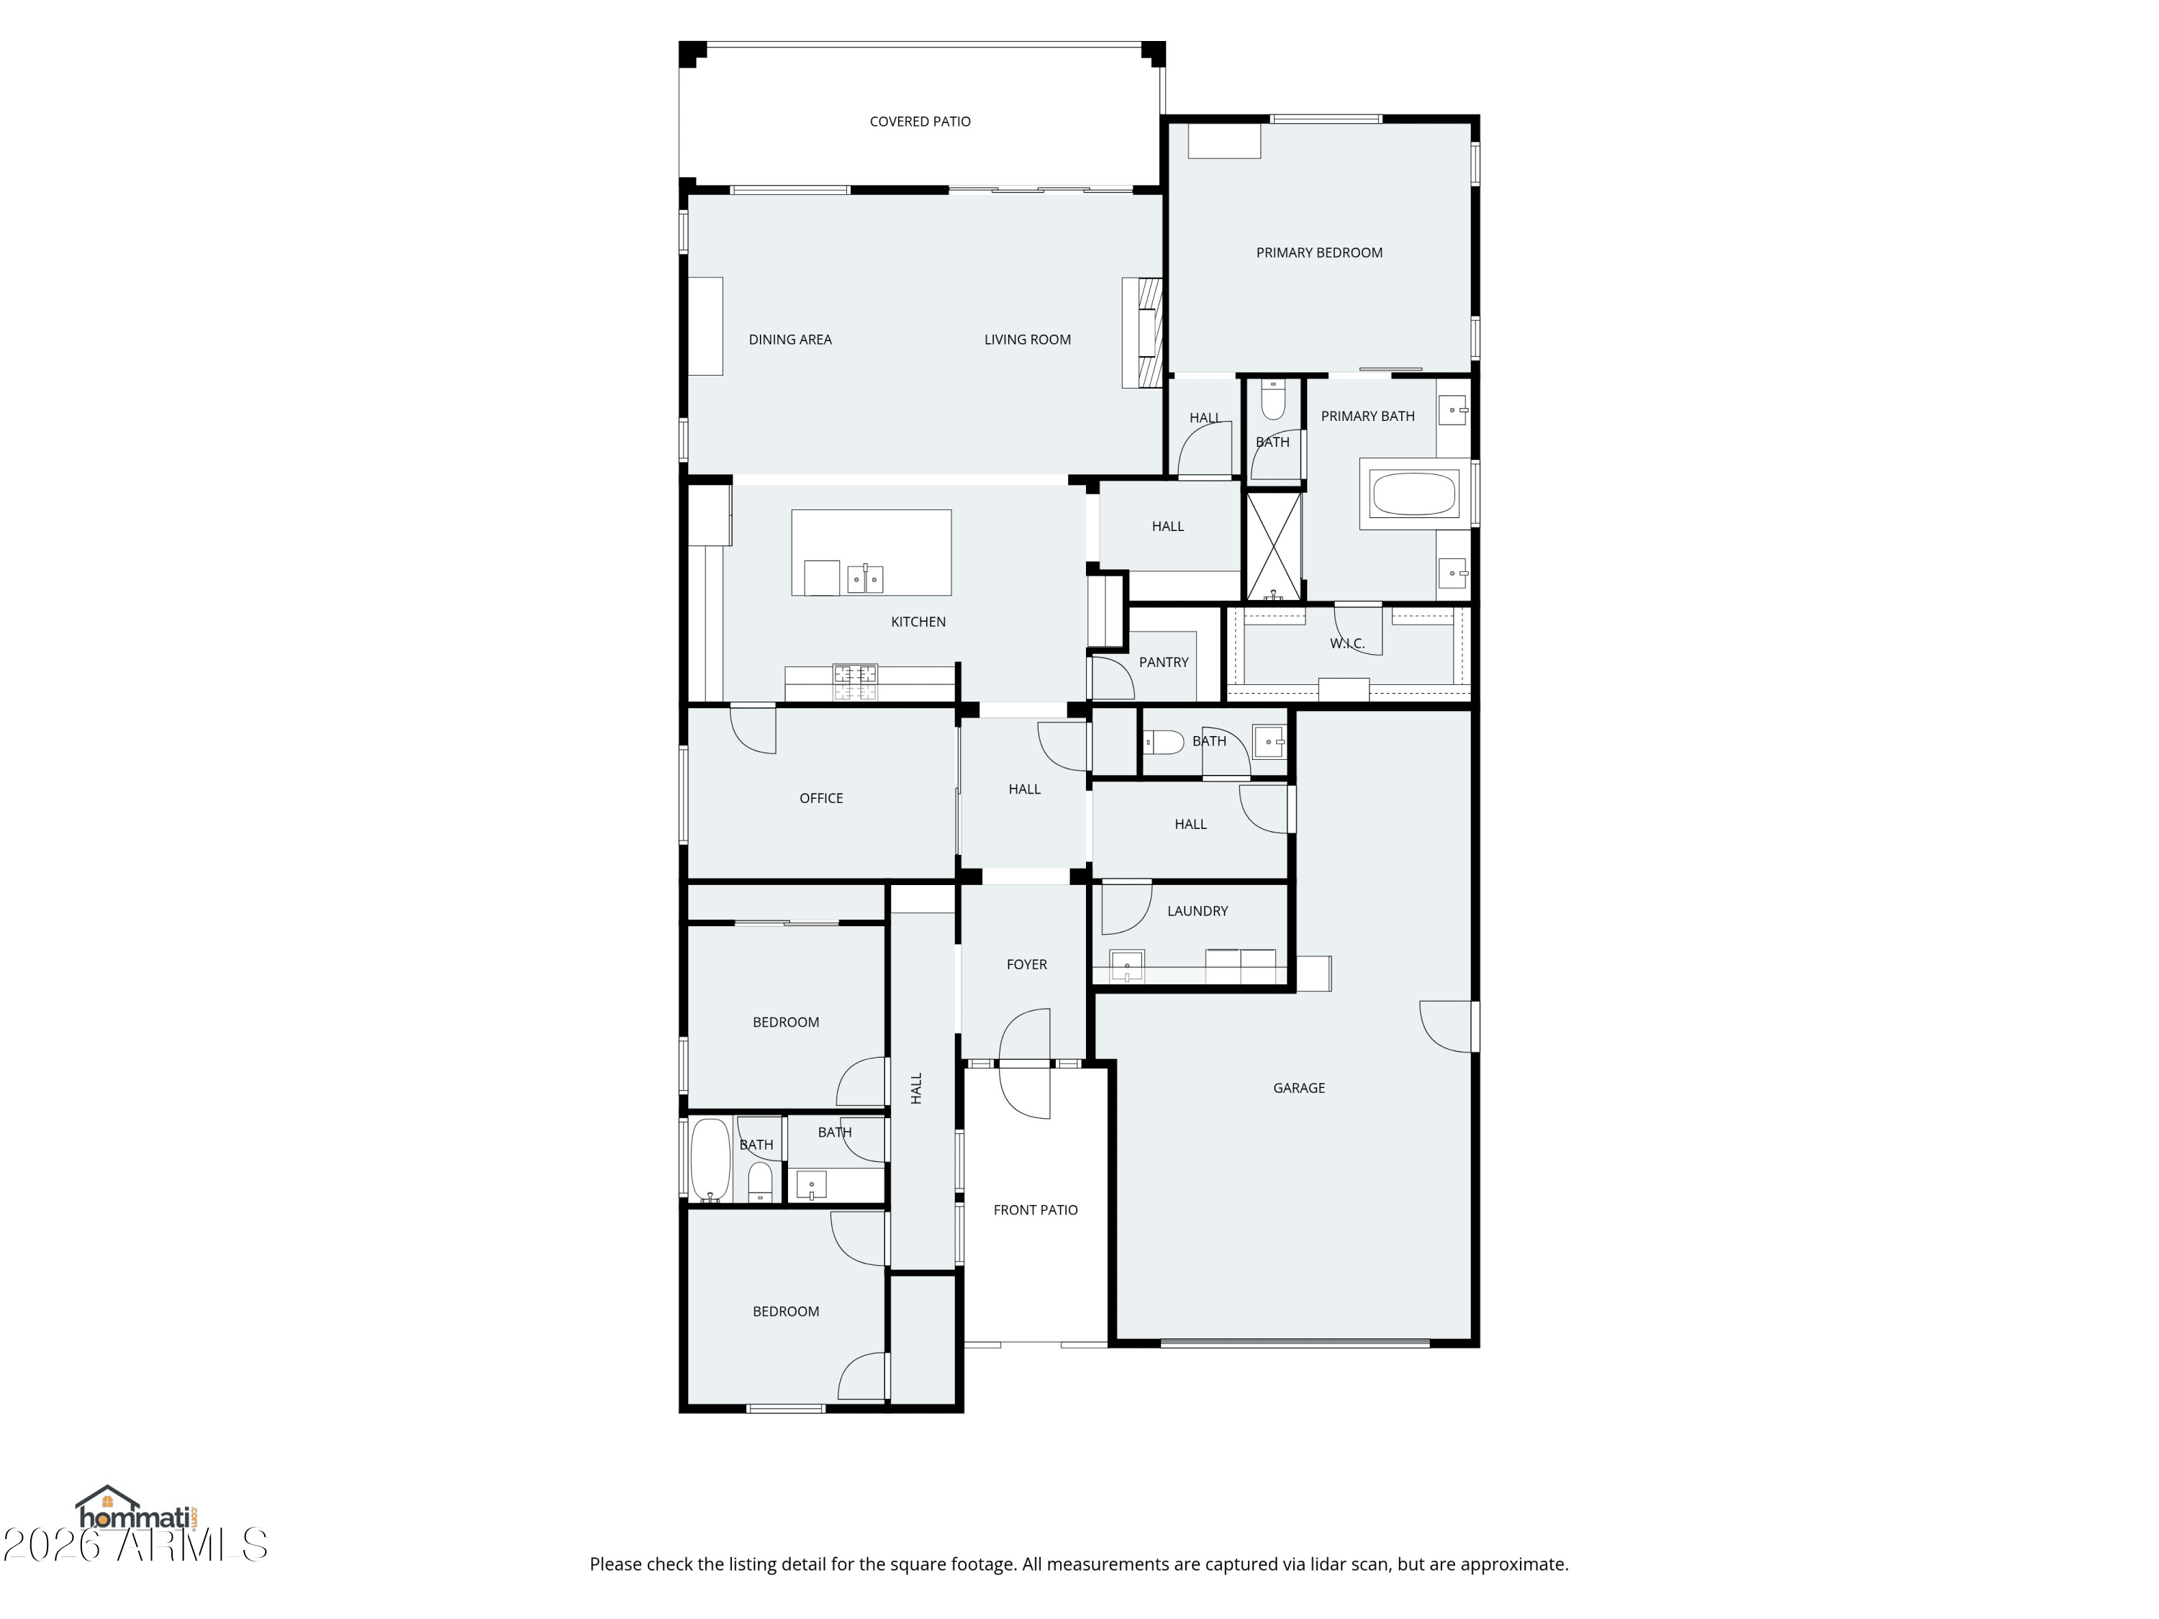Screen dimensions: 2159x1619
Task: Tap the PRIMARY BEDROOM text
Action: click(1318, 253)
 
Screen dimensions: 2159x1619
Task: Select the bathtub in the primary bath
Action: click(1414, 494)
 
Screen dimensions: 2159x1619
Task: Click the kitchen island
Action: click(871, 553)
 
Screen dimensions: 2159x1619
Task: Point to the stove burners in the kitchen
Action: click(855, 682)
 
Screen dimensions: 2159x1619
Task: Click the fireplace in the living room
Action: click(1143, 332)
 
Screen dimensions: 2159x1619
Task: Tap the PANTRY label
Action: click(1164, 663)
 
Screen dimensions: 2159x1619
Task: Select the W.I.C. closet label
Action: click(1347, 644)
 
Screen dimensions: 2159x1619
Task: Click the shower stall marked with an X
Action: click(1274, 546)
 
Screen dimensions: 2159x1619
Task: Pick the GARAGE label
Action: click(1298, 1088)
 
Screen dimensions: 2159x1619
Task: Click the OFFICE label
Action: click(821, 798)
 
